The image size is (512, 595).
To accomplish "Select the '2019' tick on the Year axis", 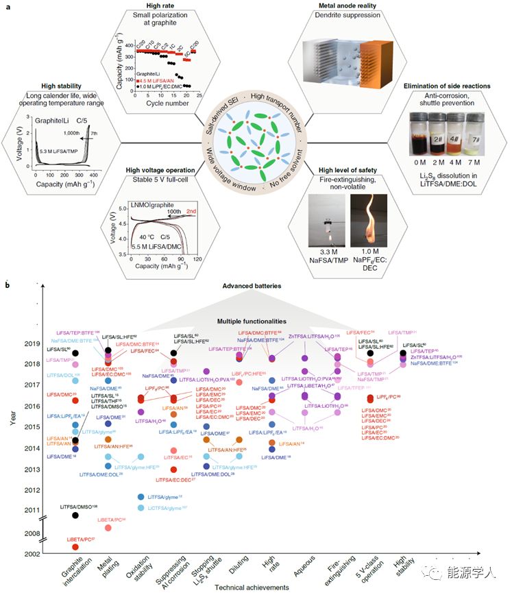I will point(32,344).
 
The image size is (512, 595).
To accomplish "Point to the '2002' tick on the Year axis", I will point(32,554).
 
